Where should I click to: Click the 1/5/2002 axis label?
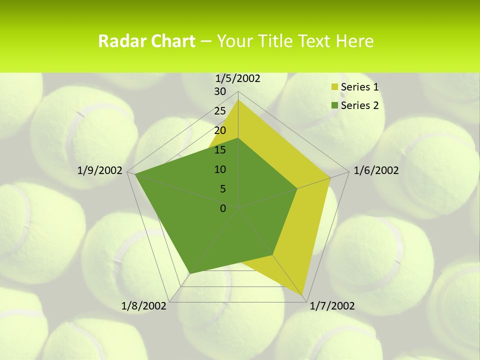(238, 78)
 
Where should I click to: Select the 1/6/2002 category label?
(376, 170)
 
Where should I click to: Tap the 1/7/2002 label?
(332, 306)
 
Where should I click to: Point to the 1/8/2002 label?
(144, 306)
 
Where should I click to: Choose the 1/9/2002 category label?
(100, 170)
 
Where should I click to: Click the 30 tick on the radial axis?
(220, 91)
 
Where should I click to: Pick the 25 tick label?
(220, 111)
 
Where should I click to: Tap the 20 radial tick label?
(220, 130)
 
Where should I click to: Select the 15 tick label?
(220, 150)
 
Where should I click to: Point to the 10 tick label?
(220, 169)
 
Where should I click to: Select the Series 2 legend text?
(359, 105)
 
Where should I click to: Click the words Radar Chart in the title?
(146, 41)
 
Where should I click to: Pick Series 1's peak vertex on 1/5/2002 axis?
(238, 100)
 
